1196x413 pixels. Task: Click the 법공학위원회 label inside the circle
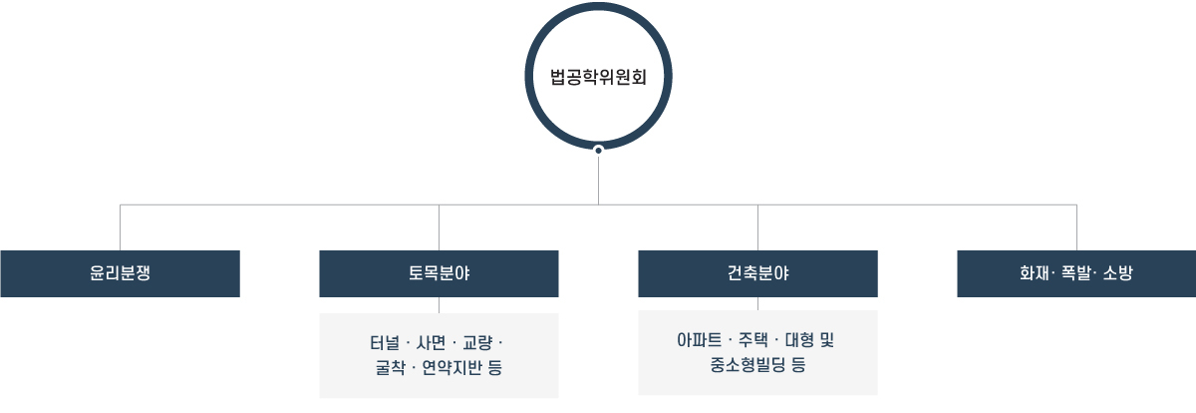(x=598, y=77)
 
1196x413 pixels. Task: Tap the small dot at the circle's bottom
(x=599, y=151)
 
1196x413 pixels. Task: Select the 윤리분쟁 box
(x=121, y=273)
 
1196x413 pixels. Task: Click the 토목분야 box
(x=439, y=273)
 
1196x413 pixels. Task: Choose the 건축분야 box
(x=757, y=273)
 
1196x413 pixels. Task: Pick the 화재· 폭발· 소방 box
(x=1076, y=273)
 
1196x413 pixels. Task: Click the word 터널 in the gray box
(x=385, y=342)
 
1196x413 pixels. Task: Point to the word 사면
(x=431, y=342)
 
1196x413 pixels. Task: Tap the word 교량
(x=477, y=342)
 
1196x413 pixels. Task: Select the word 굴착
(x=390, y=367)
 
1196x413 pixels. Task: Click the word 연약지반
(x=451, y=367)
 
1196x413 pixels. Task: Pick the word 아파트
(x=699, y=340)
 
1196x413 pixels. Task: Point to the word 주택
(x=752, y=340)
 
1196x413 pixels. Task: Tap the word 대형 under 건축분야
(x=799, y=340)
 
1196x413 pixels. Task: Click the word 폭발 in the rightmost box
(x=1075, y=273)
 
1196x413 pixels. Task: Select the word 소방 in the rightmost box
(x=1117, y=273)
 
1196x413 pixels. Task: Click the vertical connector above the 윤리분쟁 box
(x=121, y=227)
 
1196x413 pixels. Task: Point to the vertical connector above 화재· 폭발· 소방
(x=1076, y=227)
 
